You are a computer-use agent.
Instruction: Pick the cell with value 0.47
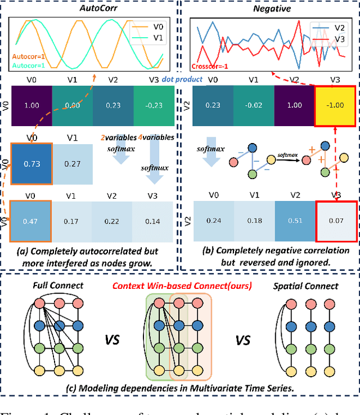tap(31, 221)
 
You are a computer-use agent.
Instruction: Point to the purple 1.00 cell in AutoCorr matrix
tap(31, 106)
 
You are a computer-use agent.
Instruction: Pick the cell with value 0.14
tap(153, 221)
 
